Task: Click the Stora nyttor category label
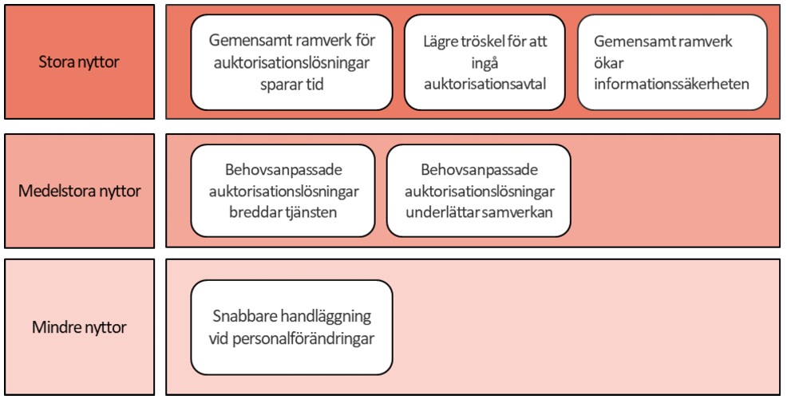click(x=79, y=62)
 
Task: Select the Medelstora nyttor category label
click(x=79, y=192)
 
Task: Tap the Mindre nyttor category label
click(x=79, y=327)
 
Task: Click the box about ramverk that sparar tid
click(x=291, y=62)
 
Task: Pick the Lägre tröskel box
click(x=484, y=62)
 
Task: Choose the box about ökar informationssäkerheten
click(x=672, y=62)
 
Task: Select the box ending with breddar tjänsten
click(x=283, y=191)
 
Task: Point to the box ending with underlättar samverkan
click(x=479, y=191)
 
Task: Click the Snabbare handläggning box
click(x=291, y=327)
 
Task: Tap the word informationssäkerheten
click(x=671, y=84)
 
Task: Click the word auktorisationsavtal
click(x=484, y=84)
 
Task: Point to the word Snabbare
click(x=244, y=316)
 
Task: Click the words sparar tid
click(x=291, y=85)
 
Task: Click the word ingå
click(x=484, y=63)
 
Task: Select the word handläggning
click(x=325, y=317)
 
